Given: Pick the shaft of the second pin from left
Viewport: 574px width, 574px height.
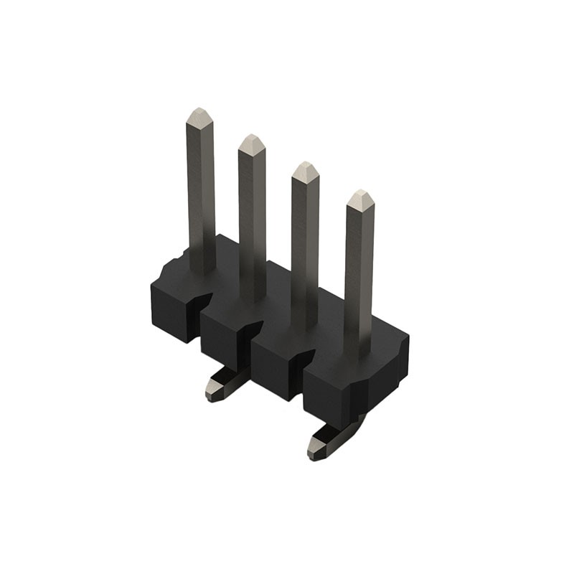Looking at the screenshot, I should point(252,215).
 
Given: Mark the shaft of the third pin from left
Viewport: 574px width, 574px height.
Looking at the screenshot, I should point(305,244).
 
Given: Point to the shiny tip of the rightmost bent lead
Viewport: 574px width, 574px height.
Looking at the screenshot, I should point(316,451).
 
